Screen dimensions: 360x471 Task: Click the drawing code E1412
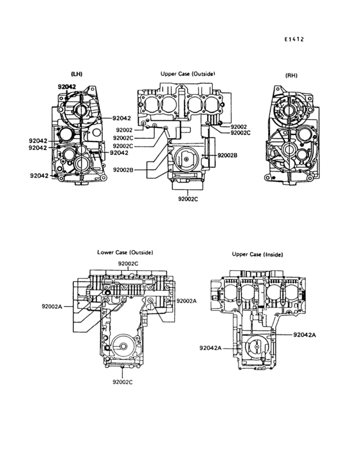coord(294,39)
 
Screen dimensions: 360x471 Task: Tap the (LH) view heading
coord(76,74)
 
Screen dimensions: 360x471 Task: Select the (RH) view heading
coord(291,75)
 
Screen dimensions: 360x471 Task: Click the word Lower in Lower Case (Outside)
coord(104,252)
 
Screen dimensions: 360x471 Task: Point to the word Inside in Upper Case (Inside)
coord(273,254)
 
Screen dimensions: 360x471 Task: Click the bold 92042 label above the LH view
coord(67,87)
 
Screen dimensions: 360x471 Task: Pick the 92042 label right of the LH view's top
coord(122,118)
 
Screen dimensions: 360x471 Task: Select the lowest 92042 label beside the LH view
coord(39,176)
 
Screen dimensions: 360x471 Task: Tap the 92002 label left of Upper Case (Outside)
coord(124,130)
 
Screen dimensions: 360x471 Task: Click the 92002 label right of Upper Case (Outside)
coord(239,127)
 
